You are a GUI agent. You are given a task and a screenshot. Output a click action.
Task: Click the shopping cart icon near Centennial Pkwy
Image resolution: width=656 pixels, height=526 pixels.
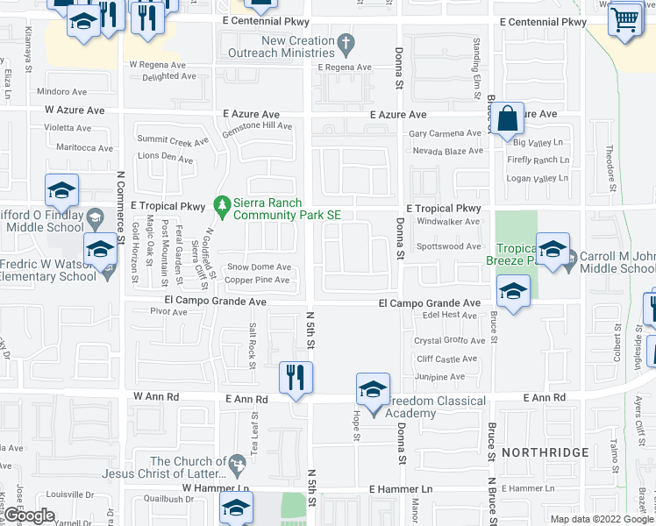point(624,19)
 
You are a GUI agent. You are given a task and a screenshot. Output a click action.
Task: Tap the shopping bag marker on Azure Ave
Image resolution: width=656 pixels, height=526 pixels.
point(508,118)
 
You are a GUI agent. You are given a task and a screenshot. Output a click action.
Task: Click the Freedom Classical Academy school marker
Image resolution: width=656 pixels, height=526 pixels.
point(373,390)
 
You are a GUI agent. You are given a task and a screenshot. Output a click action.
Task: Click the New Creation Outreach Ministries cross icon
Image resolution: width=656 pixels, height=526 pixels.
point(346,41)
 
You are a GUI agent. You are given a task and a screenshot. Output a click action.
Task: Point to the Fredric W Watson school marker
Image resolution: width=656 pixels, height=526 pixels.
point(99,250)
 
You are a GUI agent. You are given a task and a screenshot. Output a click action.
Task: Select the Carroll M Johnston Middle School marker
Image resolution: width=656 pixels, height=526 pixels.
point(552,250)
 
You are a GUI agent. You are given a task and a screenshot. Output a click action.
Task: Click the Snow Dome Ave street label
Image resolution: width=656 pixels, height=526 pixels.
point(259,267)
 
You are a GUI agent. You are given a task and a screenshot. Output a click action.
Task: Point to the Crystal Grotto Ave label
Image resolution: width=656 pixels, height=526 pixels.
point(450,341)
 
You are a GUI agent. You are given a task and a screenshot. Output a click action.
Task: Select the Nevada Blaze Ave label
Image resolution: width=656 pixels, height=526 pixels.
point(447,151)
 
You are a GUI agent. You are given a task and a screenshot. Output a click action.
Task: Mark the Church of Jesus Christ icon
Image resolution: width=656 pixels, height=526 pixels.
point(236,462)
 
